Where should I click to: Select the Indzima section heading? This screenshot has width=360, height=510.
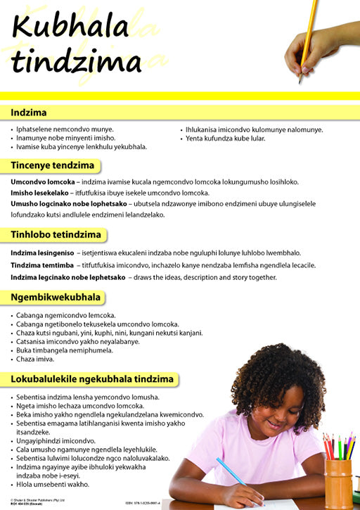[x=29, y=112]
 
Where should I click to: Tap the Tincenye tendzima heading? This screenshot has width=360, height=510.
[x=52, y=165]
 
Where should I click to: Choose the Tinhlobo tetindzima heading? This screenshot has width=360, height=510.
[x=56, y=234]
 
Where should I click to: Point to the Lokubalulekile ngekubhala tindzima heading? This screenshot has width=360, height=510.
[x=91, y=379]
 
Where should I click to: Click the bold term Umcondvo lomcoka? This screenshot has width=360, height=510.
[x=42, y=181]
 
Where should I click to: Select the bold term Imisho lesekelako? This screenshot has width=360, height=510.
[x=41, y=193]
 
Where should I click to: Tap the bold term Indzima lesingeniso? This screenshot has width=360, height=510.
[x=42, y=253]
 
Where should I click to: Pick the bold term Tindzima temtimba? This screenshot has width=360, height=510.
[x=41, y=265]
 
